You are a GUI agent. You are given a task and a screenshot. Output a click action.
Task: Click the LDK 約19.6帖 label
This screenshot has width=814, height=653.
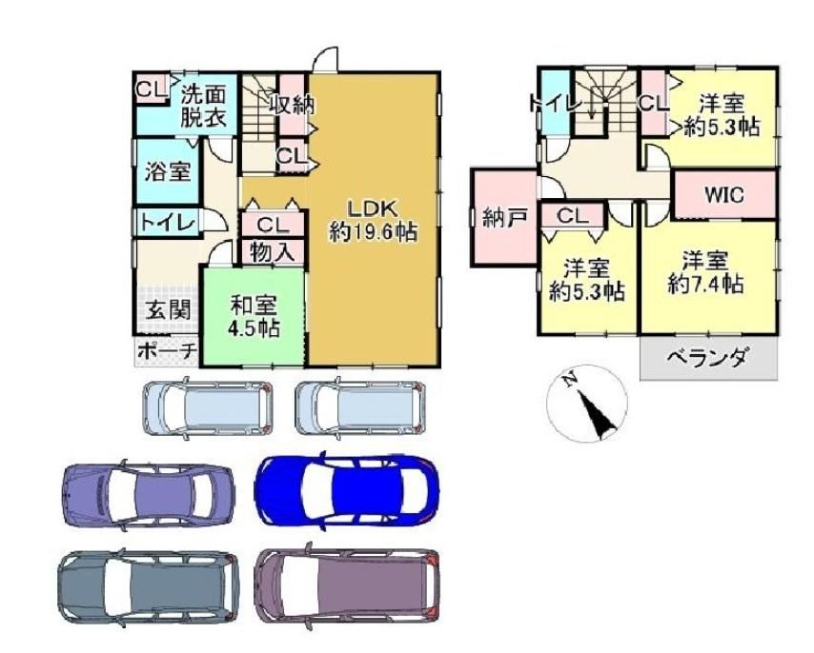pos(374,220)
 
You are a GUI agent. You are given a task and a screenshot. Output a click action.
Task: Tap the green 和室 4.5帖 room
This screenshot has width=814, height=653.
pos(253,316)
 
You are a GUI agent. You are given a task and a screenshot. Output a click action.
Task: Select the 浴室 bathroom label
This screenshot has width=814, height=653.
pos(167,171)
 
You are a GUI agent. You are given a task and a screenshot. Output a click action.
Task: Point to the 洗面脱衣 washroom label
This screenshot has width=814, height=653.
pos(204,107)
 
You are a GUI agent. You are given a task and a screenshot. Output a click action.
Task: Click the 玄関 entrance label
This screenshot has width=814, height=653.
pos(168,310)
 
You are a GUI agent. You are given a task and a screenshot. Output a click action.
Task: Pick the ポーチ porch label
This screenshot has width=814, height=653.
pos(167,351)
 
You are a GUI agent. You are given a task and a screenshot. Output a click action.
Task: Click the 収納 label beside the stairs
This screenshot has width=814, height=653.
pos(292,106)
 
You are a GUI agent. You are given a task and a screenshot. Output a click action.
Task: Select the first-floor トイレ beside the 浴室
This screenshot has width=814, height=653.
pos(167,223)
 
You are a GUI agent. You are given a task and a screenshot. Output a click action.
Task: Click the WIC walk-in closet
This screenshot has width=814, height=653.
pos(724,195)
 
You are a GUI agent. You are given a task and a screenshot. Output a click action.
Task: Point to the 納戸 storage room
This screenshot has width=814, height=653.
pos(503,217)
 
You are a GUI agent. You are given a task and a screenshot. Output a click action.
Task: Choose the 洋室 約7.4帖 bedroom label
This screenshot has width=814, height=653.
pos(705,272)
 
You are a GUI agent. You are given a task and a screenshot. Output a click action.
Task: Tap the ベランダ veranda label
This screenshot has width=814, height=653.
pos(708,358)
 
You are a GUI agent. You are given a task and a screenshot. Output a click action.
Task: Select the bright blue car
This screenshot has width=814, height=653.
pos(346,491)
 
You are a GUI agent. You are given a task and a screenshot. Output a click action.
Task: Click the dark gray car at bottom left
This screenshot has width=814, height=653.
pos(148,586)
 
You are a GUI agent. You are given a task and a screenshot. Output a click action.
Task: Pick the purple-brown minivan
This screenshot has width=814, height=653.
pos(347,585)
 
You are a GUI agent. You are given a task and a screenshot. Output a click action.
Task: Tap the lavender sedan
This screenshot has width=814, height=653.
pos(148,492)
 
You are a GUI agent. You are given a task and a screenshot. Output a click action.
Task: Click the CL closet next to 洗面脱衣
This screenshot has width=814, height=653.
pos(151,89)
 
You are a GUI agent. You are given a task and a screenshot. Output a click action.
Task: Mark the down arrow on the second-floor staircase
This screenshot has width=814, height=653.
pos(591,108)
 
